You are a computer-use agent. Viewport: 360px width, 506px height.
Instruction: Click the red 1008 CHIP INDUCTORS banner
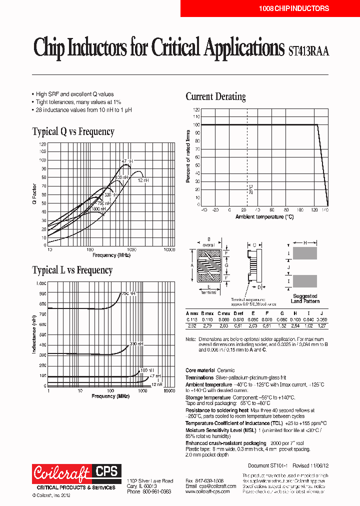tap(269, 8)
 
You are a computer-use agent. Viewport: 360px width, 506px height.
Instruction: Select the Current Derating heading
tap(215, 96)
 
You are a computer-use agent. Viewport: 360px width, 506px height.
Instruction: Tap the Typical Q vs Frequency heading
tap(73, 131)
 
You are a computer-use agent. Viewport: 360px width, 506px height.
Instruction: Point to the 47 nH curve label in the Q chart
tap(126, 161)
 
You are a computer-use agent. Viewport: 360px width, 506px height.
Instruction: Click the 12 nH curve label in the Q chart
tap(143, 180)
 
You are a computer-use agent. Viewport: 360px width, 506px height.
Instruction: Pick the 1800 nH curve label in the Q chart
tap(98, 209)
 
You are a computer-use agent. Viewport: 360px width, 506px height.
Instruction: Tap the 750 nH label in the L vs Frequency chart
tap(128, 294)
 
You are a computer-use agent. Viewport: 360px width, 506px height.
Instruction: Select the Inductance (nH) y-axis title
tap(34, 334)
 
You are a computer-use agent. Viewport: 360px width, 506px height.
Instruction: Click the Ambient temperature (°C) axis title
tap(265, 217)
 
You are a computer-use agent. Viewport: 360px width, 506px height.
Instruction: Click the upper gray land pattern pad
tap(304, 253)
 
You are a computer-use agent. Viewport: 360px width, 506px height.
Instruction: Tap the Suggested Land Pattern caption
tap(304, 298)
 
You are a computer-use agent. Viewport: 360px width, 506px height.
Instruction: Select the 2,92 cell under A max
tap(191, 325)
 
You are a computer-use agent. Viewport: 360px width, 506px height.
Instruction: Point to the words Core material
tap(199, 370)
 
